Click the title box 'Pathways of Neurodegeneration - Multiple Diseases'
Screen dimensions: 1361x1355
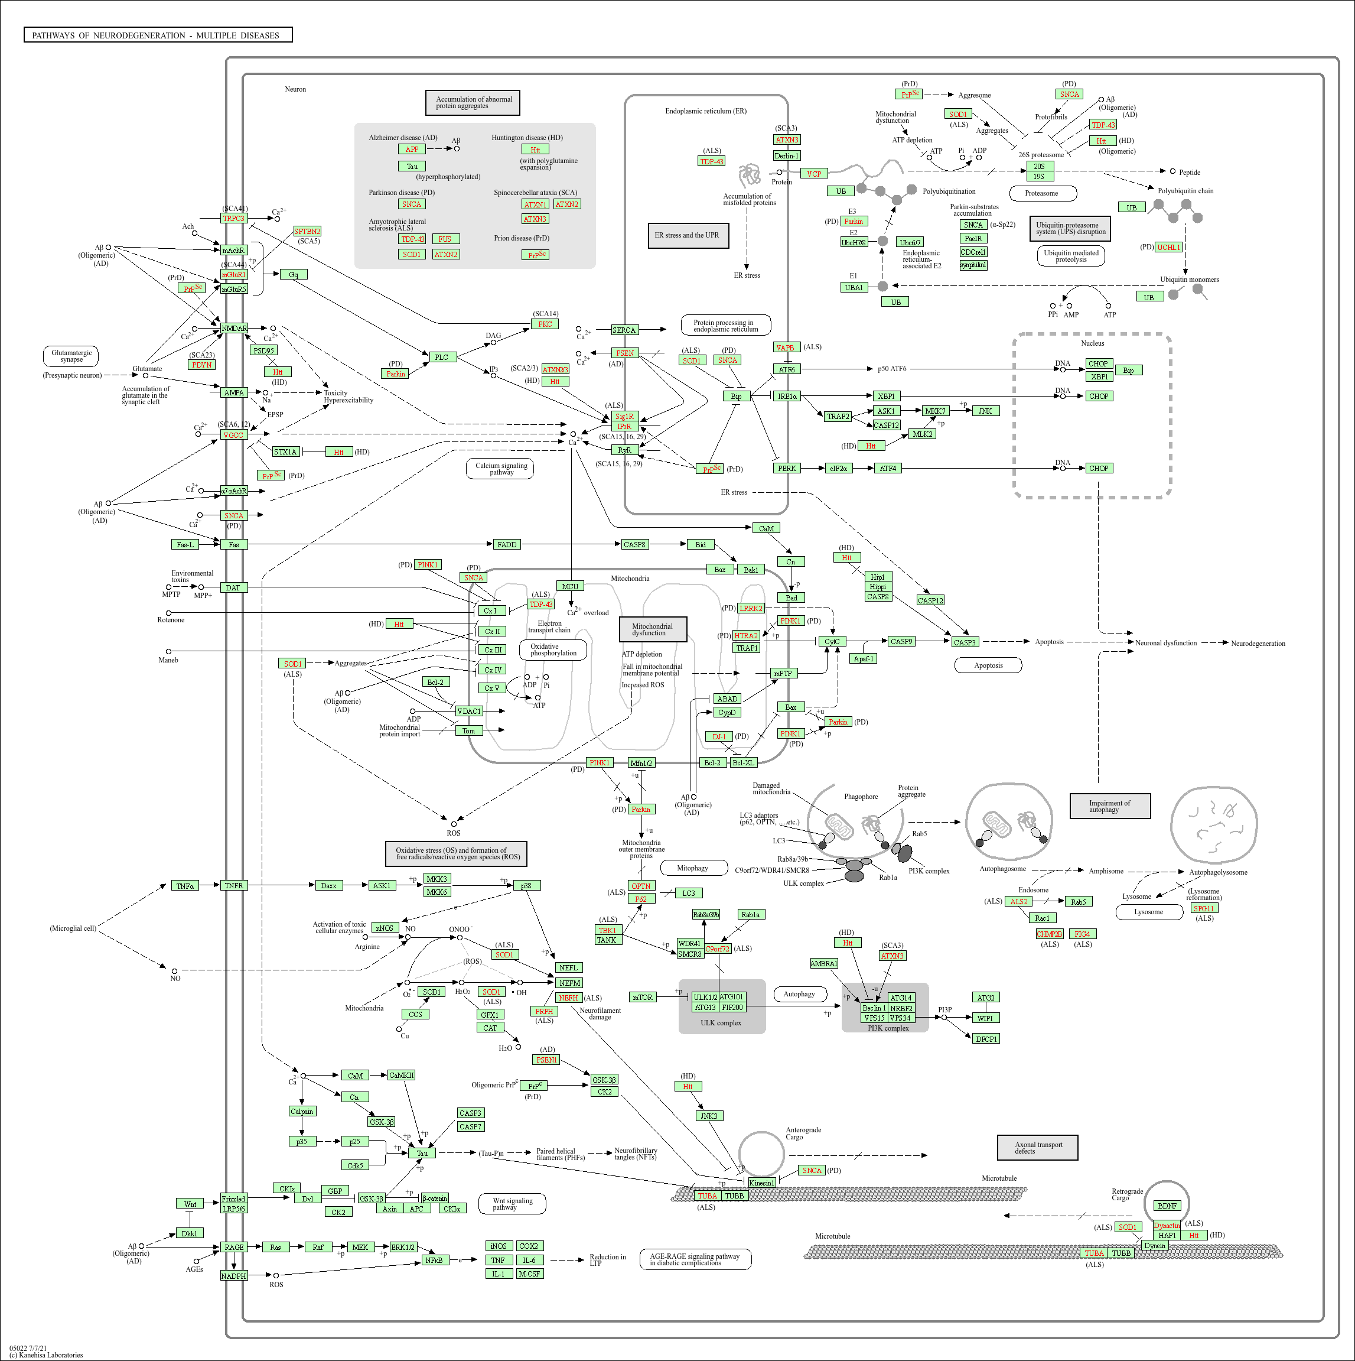(158, 35)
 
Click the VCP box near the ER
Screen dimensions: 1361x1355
(813, 173)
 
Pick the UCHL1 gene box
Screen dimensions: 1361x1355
(1168, 247)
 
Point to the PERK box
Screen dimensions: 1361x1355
(787, 469)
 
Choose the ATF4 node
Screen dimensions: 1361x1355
(888, 469)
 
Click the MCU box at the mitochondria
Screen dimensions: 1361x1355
(570, 586)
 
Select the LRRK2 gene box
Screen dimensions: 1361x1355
(751, 608)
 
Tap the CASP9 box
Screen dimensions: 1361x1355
(901, 642)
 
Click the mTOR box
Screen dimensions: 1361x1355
(642, 998)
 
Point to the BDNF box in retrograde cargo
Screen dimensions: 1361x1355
(1167, 1206)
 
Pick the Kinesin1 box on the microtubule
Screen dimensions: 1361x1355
(761, 1183)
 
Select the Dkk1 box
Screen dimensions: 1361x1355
(189, 1233)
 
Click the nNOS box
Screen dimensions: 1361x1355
(384, 928)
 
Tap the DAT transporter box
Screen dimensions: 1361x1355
(233, 587)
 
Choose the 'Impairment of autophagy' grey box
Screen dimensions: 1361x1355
(1109, 806)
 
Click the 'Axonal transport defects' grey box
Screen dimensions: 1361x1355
(1037, 1148)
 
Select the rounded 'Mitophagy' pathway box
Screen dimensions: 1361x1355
(692, 868)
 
